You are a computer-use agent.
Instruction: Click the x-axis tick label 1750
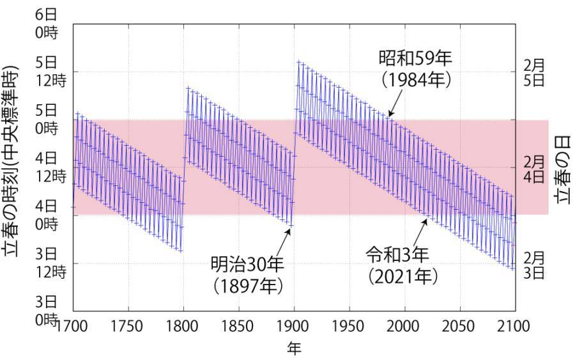coord(128,326)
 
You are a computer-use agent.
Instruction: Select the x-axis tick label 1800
coord(183,326)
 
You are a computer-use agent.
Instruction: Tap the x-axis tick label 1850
coord(239,326)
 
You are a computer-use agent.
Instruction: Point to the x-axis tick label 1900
coord(294,326)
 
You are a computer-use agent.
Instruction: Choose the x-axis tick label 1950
coord(349,326)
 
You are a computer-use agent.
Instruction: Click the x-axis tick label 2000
coord(404,326)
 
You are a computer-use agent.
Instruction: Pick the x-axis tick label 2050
coord(459,326)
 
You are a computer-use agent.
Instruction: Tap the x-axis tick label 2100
coord(513,326)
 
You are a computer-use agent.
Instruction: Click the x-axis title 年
coord(293,348)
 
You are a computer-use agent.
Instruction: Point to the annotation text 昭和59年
coord(415,59)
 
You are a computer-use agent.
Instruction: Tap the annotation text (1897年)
coord(247,286)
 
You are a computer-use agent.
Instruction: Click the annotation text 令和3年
coord(397,254)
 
